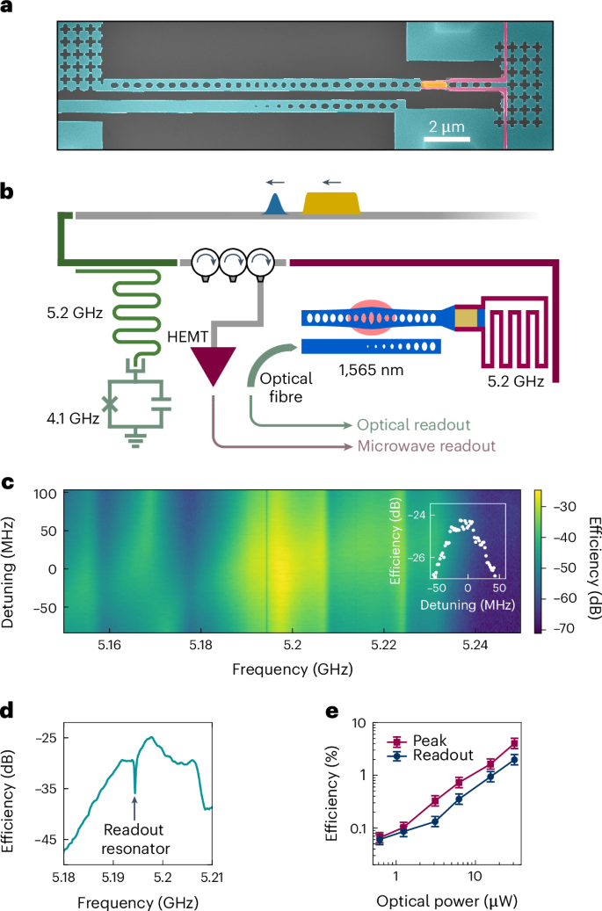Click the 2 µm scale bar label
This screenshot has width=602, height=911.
[446, 127]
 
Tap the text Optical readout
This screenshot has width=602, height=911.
[413, 423]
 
